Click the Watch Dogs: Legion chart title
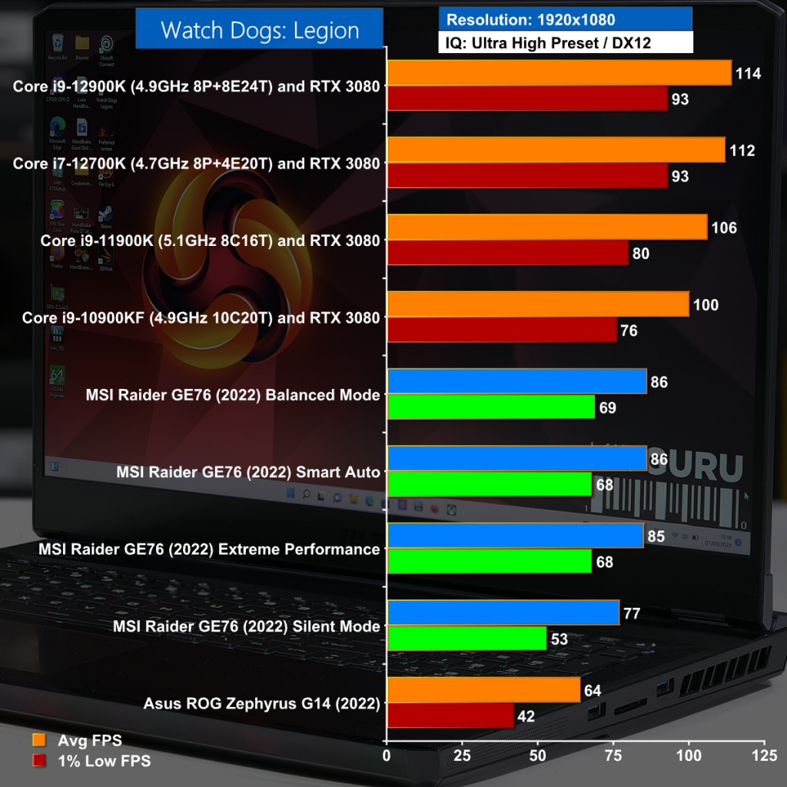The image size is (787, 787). pyautogui.click(x=259, y=31)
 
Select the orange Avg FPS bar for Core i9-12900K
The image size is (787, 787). pyautogui.click(x=559, y=73)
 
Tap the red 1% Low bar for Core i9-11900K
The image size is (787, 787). pyautogui.click(x=507, y=253)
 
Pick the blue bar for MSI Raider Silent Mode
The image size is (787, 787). pyautogui.click(x=503, y=613)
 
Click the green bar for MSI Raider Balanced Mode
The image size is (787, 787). pyautogui.click(x=491, y=407)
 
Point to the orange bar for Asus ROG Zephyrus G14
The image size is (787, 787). pyautogui.click(x=483, y=689)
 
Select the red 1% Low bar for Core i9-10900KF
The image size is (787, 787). pyautogui.click(x=502, y=330)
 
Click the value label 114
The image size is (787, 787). pyautogui.click(x=748, y=74)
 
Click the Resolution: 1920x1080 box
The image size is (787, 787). pyautogui.click(x=566, y=19)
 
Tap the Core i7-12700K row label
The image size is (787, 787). pyautogui.click(x=196, y=164)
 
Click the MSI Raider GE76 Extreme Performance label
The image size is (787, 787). pyautogui.click(x=209, y=550)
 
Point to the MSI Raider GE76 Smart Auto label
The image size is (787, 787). pyautogui.click(x=248, y=472)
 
